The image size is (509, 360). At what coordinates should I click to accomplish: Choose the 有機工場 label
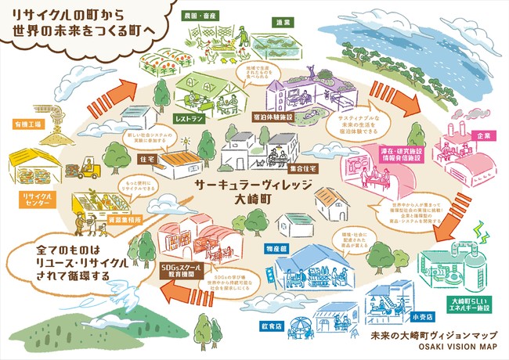[x=25, y=124]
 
